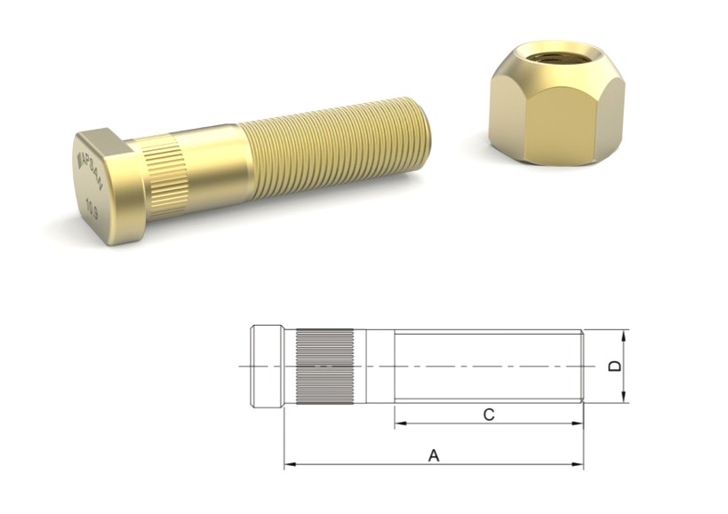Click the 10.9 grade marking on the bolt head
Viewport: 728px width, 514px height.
(92, 211)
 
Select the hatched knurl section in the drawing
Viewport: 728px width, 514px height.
(324, 367)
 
